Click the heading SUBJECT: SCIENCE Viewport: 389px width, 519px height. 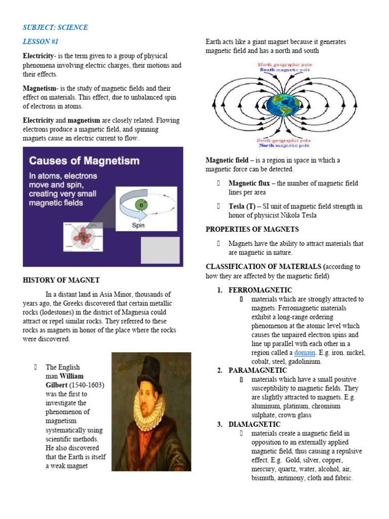pos(55,27)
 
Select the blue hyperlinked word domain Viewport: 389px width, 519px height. pos(305,352)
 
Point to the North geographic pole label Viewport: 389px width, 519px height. pos(285,65)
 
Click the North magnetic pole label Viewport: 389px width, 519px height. pos(284,145)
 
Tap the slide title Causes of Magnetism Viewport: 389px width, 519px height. pos(84,161)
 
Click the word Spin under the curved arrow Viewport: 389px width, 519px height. pos(138,226)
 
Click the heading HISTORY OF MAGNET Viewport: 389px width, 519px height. pos(61,280)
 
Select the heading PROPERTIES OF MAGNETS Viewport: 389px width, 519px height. pos(252,230)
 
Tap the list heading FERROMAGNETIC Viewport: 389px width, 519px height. pos(260,290)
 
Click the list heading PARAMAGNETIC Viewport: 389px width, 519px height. pos(259,370)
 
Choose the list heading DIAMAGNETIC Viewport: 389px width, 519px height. pos(254,424)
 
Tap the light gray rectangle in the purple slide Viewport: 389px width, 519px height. pos(160,249)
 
